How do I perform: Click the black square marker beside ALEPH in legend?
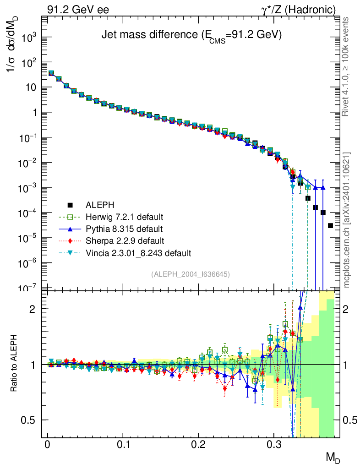(70, 205)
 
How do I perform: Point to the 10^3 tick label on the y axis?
(29, 38)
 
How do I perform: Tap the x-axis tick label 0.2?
(198, 444)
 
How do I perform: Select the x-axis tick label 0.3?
(274, 444)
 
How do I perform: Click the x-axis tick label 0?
(48, 444)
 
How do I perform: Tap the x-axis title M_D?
(333, 457)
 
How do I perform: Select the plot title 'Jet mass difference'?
(191, 35)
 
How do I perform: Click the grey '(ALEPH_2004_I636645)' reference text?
(191, 274)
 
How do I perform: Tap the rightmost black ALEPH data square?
(331, 225)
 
